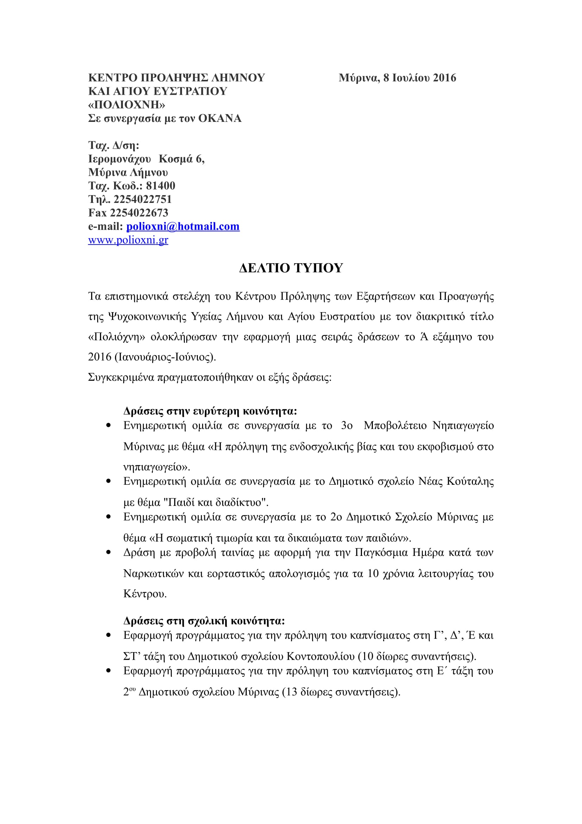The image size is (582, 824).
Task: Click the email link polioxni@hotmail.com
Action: (x=182, y=227)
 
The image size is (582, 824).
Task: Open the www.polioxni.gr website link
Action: (x=128, y=240)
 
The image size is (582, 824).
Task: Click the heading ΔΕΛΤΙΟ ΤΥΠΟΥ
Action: (x=291, y=268)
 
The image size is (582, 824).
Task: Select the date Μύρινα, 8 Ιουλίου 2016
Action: (x=397, y=78)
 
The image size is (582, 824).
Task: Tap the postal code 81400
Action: (x=161, y=186)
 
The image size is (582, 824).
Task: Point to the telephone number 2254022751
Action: (x=143, y=199)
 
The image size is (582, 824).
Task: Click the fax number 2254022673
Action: (x=139, y=213)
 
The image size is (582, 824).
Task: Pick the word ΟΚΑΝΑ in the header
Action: (x=220, y=118)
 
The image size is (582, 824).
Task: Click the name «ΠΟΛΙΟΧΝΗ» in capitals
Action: (x=127, y=105)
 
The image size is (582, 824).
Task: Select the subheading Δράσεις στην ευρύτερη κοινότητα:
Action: (x=210, y=411)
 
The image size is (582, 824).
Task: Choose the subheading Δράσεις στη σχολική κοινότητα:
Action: (x=204, y=621)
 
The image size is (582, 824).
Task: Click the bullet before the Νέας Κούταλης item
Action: (x=108, y=482)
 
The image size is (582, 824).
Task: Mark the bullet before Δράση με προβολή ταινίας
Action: (x=108, y=553)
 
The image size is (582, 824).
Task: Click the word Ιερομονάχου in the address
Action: (x=119, y=159)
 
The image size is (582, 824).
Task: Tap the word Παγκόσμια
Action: (x=381, y=553)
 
